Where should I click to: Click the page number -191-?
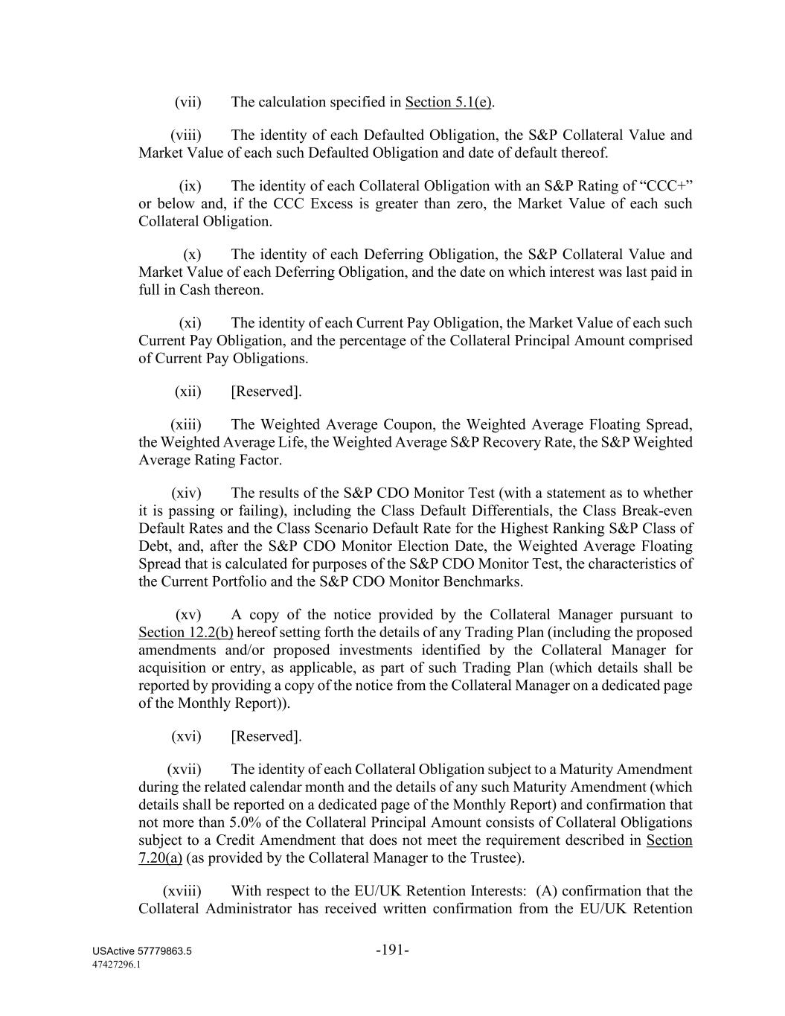393,950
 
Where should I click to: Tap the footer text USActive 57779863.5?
142,952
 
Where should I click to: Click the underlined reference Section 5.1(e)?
448,102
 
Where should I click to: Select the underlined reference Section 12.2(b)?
186,633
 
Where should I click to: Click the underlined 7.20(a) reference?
160,858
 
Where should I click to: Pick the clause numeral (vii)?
188,102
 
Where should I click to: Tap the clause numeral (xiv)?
186,493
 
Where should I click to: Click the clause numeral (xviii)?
182,891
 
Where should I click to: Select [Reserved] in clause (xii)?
266,392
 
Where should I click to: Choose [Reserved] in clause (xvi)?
266,736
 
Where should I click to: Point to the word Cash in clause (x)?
195,290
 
